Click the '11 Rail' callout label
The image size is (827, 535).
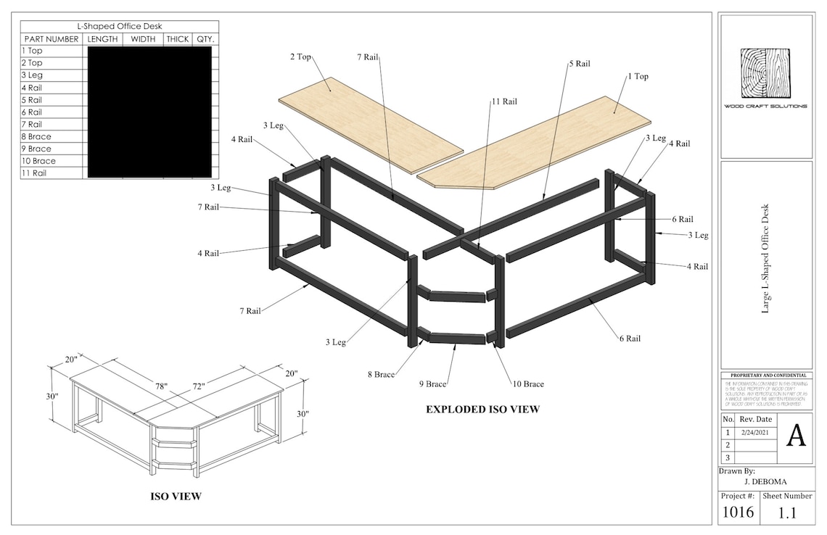[x=504, y=101]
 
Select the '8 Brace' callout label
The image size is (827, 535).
[x=381, y=375]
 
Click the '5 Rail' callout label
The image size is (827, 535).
[x=579, y=64]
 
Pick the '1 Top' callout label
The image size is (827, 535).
[x=638, y=76]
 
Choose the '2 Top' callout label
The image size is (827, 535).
[x=301, y=57]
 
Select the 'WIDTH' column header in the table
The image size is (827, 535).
[x=143, y=39]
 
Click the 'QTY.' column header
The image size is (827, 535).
[x=205, y=39]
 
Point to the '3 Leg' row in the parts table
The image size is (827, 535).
[x=32, y=75]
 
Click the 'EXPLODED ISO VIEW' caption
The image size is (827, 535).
[x=482, y=410]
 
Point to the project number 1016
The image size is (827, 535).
[x=738, y=513]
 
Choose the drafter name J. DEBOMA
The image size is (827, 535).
[x=766, y=481]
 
